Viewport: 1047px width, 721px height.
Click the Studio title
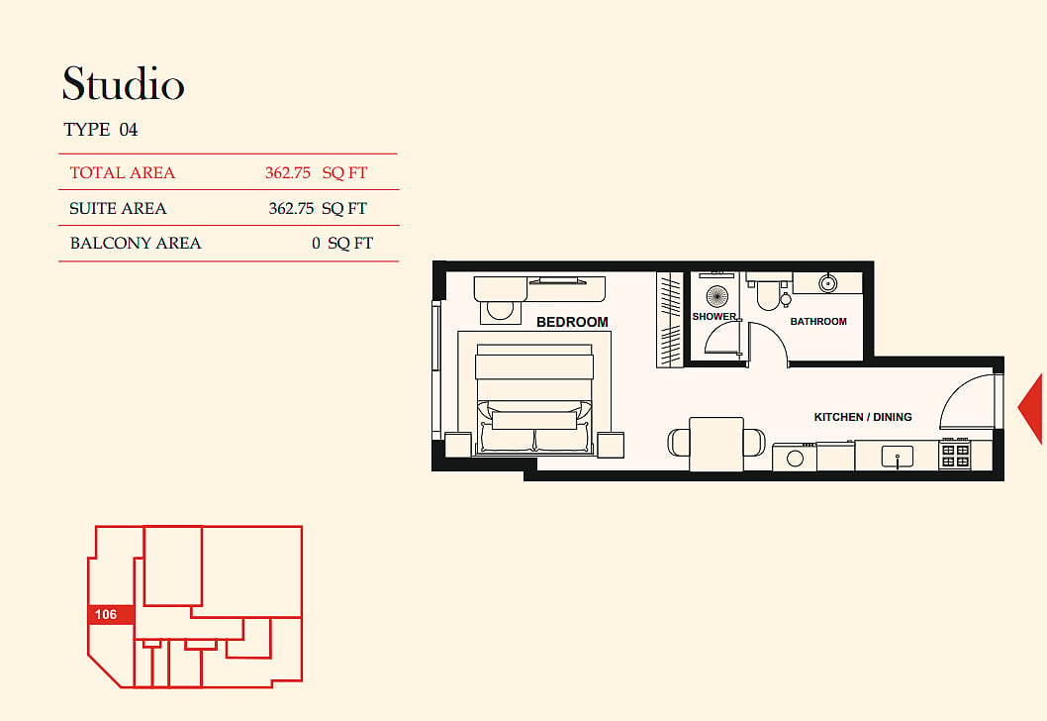[124, 83]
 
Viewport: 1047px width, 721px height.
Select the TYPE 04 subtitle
[101, 130]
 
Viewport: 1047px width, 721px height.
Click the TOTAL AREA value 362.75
[288, 173]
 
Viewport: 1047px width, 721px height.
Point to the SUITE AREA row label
[118, 209]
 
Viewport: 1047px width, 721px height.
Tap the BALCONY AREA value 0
[316, 244]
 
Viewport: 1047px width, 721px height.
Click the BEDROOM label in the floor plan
[572, 322]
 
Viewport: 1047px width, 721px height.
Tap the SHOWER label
[714, 316]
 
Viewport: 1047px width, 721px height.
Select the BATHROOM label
[818, 322]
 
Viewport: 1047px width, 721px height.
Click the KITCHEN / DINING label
[863, 417]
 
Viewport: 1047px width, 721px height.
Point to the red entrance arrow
[1032, 408]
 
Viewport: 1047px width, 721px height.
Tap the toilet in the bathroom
[768, 291]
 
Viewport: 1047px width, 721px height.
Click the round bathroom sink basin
[828, 283]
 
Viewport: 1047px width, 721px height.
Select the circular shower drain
[717, 295]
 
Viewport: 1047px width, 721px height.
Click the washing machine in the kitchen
[794, 457]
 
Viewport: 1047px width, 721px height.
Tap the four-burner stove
[956, 455]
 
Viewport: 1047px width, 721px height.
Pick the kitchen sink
[897, 457]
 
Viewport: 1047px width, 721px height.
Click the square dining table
[716, 444]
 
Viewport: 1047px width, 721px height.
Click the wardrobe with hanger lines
[669, 320]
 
